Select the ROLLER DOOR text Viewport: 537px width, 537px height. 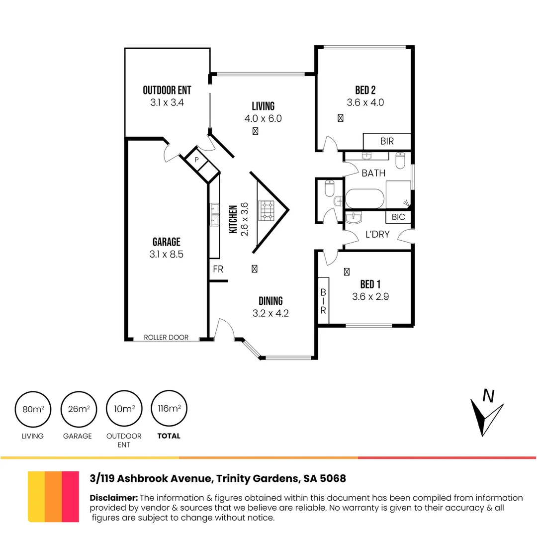[166, 337]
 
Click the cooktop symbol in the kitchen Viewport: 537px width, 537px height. [266, 210]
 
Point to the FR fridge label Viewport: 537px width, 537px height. [218, 269]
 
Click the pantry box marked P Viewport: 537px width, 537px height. [196, 160]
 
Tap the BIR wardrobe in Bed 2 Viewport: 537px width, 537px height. [387, 141]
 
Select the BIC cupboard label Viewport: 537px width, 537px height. [398, 217]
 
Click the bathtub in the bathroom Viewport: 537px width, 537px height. [365, 199]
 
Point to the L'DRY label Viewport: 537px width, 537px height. [377, 234]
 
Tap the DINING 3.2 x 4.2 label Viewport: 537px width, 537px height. [270, 307]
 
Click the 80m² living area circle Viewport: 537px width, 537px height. [33, 409]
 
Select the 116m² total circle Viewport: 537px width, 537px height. [169, 409]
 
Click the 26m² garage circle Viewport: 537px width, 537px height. [78, 409]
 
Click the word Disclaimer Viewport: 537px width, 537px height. [114, 498]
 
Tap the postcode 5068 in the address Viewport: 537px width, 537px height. [333, 479]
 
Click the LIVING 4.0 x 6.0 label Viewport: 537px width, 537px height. [263, 112]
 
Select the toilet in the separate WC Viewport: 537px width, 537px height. [330, 189]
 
